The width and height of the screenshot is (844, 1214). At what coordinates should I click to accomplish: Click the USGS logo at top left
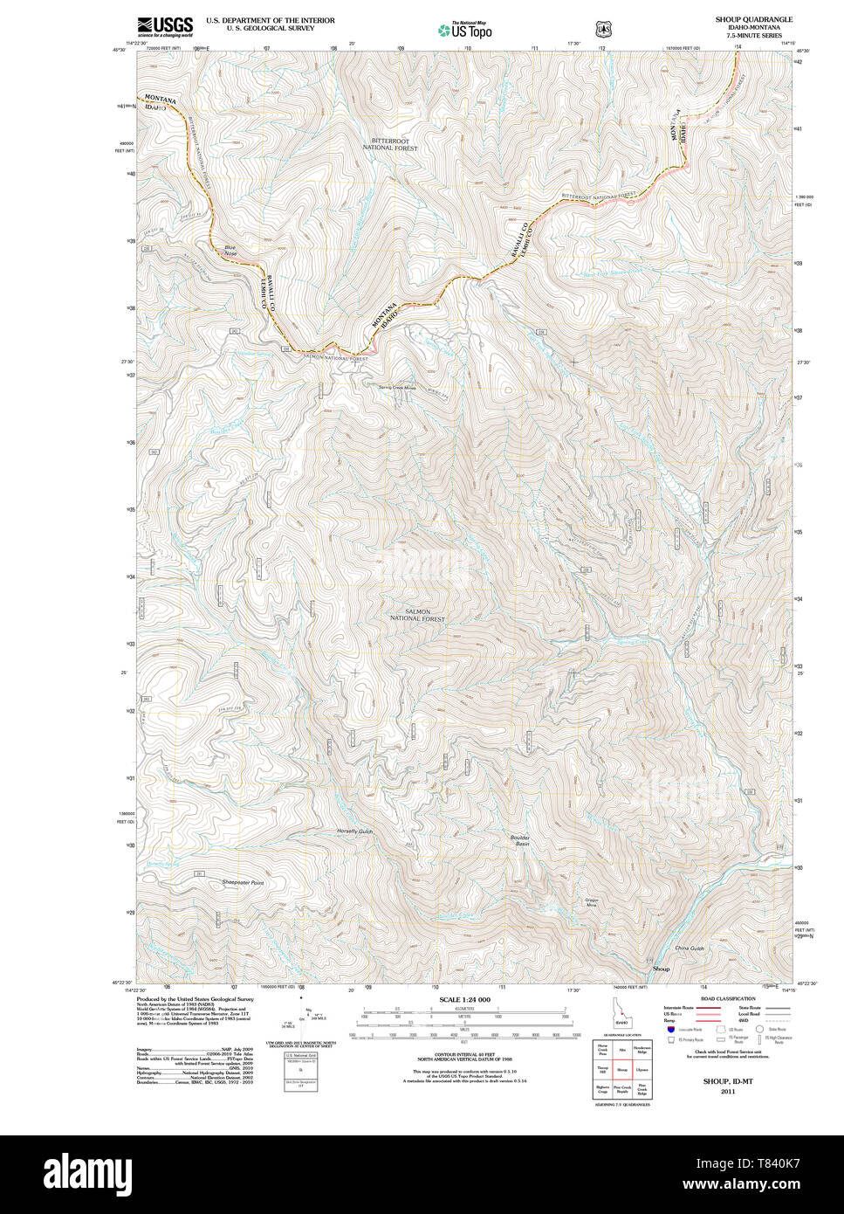165,25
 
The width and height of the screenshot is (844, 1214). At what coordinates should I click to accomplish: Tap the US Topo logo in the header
464,29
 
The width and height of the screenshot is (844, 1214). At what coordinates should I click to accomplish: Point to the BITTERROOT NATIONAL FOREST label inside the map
390,144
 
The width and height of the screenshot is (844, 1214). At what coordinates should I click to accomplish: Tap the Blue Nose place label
230,250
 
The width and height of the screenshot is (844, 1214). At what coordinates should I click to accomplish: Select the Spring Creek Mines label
397,388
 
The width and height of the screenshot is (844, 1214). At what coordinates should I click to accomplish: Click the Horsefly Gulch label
354,831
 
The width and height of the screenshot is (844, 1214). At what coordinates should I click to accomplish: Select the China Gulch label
689,948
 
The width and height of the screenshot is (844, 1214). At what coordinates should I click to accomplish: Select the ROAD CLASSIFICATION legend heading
728,998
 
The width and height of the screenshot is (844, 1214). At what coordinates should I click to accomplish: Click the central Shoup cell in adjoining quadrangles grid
622,1069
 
